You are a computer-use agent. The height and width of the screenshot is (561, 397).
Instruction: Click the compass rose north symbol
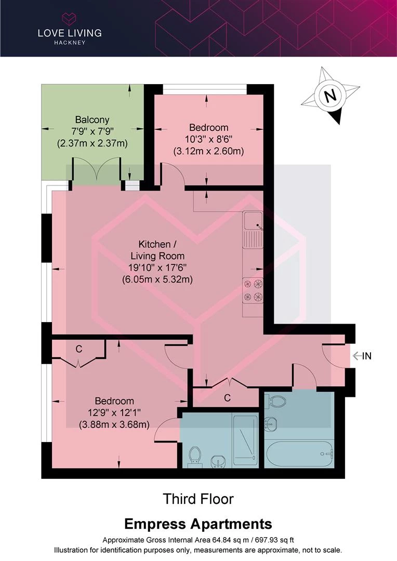click(329, 97)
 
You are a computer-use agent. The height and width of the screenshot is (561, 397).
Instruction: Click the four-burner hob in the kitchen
click(253, 290)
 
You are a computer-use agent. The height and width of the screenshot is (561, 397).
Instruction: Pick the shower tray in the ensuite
click(245, 439)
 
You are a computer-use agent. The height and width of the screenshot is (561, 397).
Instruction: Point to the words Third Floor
click(198, 499)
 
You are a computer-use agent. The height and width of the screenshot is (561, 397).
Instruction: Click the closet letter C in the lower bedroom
click(79, 349)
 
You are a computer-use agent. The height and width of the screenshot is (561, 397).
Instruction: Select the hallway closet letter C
click(227, 398)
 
